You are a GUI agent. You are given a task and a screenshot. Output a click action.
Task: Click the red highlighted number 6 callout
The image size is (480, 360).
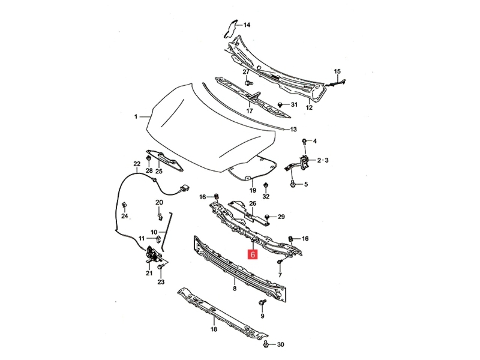point(253,254)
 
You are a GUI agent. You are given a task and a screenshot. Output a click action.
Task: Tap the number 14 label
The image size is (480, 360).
point(247,25)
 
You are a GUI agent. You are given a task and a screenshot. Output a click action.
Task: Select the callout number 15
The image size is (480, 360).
point(337,71)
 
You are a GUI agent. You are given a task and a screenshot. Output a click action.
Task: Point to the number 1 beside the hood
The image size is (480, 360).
point(136,117)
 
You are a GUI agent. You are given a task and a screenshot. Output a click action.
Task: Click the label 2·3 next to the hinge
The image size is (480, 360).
point(323,160)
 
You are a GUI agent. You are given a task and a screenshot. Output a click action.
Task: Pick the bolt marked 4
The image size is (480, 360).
point(304,141)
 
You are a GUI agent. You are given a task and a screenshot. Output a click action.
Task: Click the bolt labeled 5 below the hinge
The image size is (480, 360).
point(292,184)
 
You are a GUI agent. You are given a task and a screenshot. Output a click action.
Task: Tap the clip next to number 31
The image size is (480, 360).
point(280,105)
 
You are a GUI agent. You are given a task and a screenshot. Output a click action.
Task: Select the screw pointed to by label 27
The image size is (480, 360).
point(248,83)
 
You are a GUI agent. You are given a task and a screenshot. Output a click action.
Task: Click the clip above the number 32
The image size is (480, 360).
point(266,185)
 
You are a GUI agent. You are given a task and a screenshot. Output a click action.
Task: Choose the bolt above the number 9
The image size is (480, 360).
point(262,302)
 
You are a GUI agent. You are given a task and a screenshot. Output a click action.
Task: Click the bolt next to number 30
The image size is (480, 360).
point(266,345)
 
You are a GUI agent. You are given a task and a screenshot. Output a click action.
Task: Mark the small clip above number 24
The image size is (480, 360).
point(124,205)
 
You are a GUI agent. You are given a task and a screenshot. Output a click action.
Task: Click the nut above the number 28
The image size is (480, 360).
point(149,158)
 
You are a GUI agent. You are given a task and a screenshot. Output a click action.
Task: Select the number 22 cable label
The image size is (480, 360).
point(137,163)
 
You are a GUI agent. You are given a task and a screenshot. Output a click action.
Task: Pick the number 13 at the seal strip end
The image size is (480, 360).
point(293,129)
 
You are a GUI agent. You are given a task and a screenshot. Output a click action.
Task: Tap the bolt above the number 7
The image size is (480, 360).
point(280,261)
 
